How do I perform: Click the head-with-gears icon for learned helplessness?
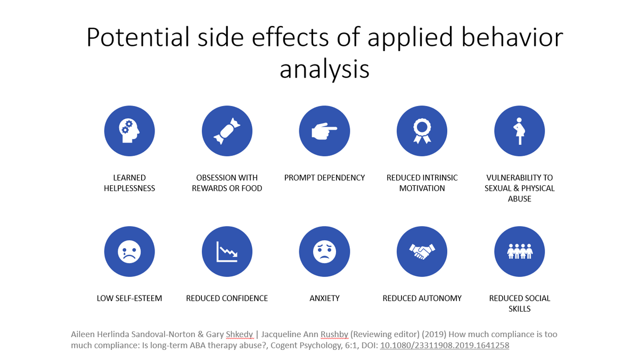(129, 131)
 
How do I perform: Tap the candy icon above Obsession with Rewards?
(227, 131)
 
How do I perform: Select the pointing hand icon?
(324, 131)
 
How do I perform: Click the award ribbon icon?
(422, 131)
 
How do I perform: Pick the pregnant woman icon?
(519, 131)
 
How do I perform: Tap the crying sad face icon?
(129, 251)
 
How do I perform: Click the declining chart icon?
(227, 251)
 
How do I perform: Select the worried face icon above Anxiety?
(324, 251)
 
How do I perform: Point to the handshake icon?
(422, 251)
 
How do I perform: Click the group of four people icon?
(519, 251)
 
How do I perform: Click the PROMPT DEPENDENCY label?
(324, 178)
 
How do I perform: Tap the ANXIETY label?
(324, 298)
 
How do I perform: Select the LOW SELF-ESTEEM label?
(129, 298)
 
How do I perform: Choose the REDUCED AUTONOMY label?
(422, 298)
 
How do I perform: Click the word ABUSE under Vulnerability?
(519, 199)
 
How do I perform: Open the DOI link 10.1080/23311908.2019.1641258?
(445, 345)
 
